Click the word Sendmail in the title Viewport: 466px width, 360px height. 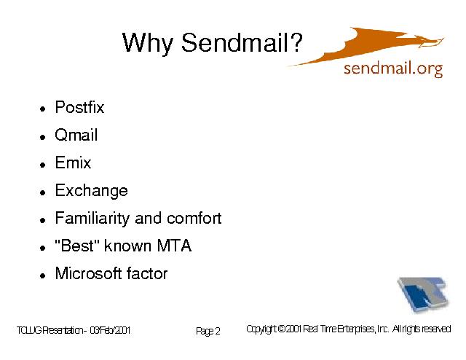click(x=234, y=42)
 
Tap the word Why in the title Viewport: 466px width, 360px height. click(x=147, y=44)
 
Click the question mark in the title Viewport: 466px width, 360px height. click(x=296, y=42)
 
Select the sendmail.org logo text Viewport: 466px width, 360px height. click(x=393, y=69)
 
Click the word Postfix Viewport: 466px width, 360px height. click(x=79, y=107)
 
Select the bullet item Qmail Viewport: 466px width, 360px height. click(x=76, y=135)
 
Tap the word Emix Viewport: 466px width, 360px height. click(x=73, y=163)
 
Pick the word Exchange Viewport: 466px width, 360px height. click(x=92, y=191)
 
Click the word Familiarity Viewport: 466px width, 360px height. click(x=92, y=219)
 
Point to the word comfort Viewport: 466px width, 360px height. click(x=194, y=218)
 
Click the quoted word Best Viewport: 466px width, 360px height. click(x=76, y=246)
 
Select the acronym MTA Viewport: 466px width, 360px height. click(x=174, y=246)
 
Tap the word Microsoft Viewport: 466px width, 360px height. click(x=88, y=273)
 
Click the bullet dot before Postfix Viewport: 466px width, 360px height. click(x=43, y=109)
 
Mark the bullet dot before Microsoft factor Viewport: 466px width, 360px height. click(x=43, y=275)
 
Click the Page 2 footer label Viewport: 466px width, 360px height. click(x=208, y=331)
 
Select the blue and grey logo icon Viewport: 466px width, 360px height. click(x=422, y=294)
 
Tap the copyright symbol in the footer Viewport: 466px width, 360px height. click(x=283, y=329)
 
